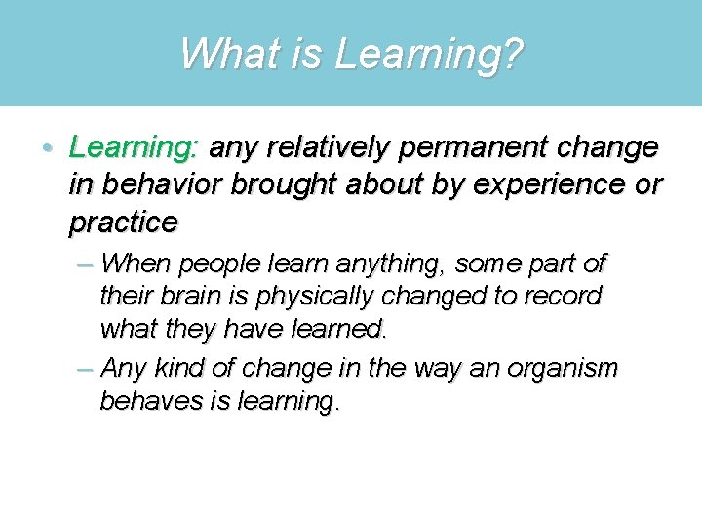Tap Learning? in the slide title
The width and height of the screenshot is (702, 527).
pyautogui.click(x=429, y=56)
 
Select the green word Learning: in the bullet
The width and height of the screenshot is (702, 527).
pyautogui.click(x=134, y=148)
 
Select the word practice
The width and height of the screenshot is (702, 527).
pyautogui.click(x=123, y=223)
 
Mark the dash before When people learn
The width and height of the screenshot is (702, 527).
pyautogui.click(x=85, y=263)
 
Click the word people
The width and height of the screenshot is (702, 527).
pyautogui.click(x=223, y=264)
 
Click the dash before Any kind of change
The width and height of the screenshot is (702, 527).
pyautogui.click(x=85, y=369)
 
